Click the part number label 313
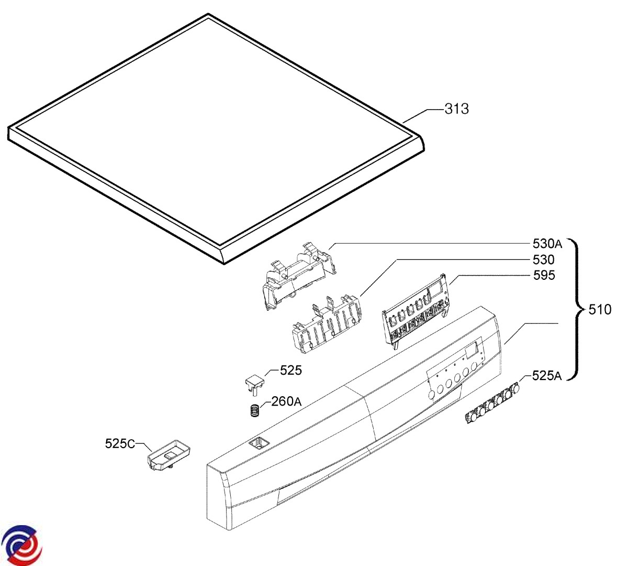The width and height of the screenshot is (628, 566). tap(457, 109)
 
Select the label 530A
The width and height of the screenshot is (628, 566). tap(547, 244)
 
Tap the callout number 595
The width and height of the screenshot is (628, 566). tap(544, 275)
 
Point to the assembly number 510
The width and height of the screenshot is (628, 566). tap(600, 310)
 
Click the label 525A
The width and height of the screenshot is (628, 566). tap(547, 375)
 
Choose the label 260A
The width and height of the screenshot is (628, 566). tap(286, 401)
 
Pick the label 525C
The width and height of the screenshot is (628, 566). tap(120, 444)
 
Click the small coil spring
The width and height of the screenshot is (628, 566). tap(255, 410)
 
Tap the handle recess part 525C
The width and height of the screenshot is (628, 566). tap(169, 454)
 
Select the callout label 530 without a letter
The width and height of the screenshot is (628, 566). tap(544, 259)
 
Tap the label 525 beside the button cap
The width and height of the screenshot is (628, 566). tap(291, 371)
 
